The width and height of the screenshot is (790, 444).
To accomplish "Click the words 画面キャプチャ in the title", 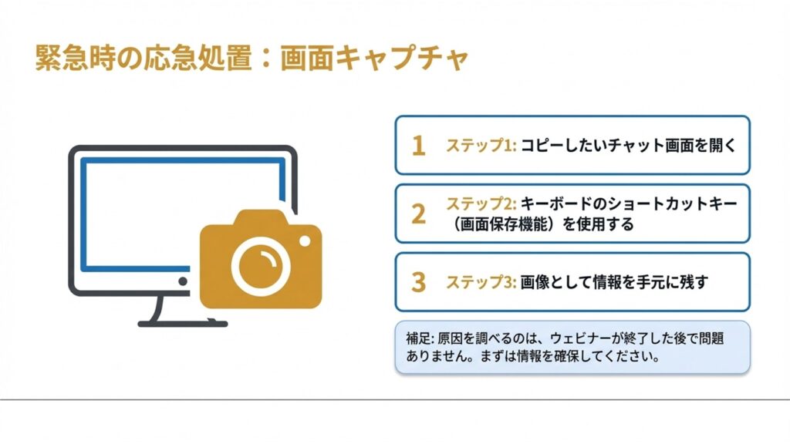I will coord(374,59).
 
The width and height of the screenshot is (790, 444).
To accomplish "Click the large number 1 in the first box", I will coord(418,146).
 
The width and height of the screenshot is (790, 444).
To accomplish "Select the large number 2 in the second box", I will coord(418,214).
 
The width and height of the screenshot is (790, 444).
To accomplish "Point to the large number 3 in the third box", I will coord(418,282).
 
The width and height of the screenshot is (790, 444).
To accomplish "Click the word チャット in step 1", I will coord(624,146).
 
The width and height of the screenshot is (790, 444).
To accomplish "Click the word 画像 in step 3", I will coord(537,282).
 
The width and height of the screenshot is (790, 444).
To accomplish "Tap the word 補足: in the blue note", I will coord(421,338).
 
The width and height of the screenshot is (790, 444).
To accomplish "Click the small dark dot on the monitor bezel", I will coord(184,282).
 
